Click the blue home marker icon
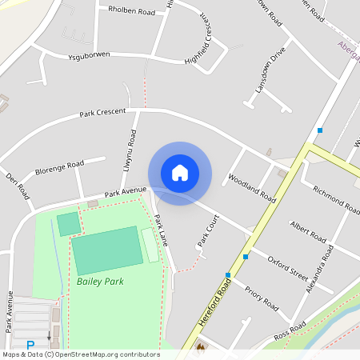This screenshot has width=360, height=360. point(180,173)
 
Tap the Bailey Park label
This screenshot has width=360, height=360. point(100,282)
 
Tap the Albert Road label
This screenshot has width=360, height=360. point(308,230)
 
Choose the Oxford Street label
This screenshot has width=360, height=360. point(288,269)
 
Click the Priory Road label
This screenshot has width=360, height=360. point(261,299)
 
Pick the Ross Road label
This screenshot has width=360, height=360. point(290,330)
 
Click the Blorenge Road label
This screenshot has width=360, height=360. point(60,170)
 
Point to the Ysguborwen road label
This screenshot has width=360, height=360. point(78,55)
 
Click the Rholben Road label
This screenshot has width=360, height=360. point(132,12)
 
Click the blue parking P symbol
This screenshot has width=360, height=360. point(30,346)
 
